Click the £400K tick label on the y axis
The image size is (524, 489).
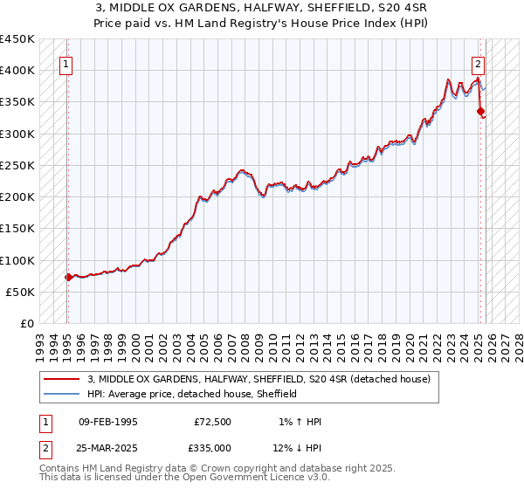17,71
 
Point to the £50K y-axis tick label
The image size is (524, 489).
20,292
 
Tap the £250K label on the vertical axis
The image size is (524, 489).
17,165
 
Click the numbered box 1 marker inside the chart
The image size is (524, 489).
67,63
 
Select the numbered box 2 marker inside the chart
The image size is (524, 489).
479,63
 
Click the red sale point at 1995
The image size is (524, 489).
68,278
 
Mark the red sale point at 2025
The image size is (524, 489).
480,111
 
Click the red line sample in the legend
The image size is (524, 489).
61,380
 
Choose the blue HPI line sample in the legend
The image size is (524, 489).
61,394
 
